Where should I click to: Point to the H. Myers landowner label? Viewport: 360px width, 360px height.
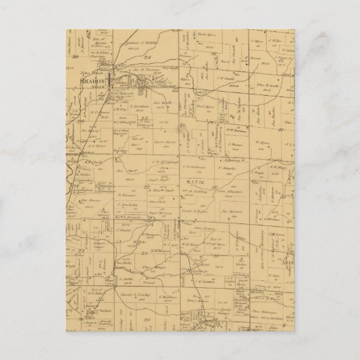pyautogui.click(x=262, y=143)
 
